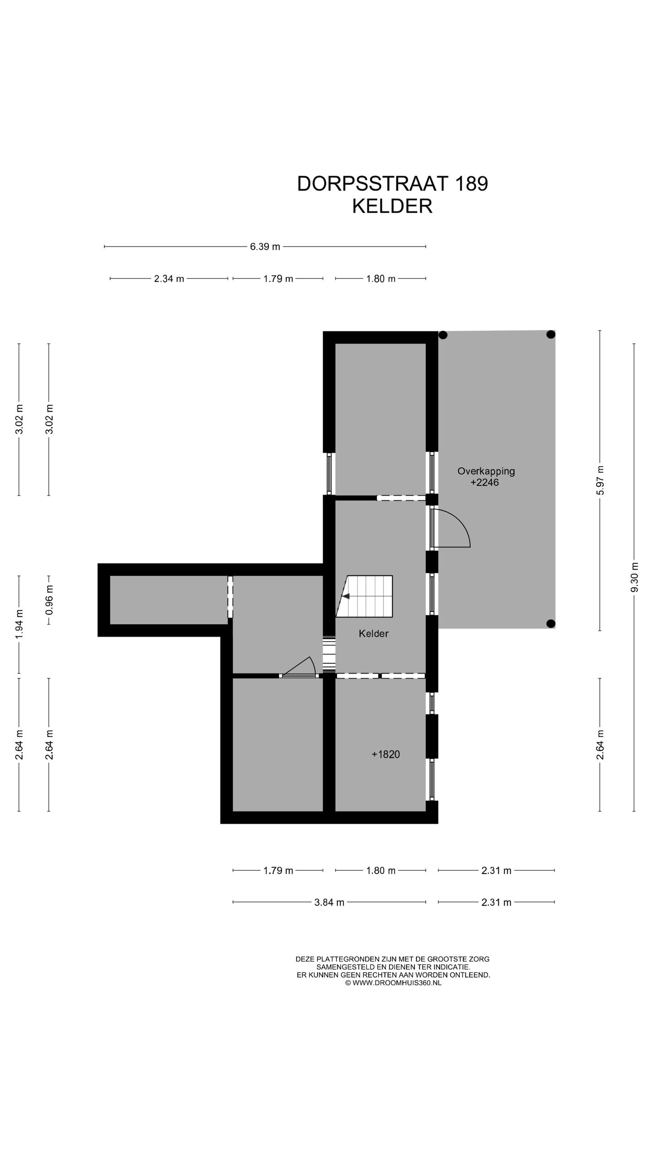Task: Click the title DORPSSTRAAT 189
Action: pyautogui.click(x=392, y=184)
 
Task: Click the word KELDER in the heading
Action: pyautogui.click(x=392, y=206)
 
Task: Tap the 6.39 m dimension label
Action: pyautogui.click(x=265, y=247)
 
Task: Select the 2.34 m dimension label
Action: pyautogui.click(x=169, y=279)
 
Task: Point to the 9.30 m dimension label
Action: pyautogui.click(x=634, y=577)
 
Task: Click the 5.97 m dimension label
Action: pyautogui.click(x=600, y=481)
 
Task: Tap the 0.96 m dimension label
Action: pyautogui.click(x=49, y=600)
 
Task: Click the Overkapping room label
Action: pyautogui.click(x=486, y=471)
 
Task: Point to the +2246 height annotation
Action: pyautogui.click(x=484, y=483)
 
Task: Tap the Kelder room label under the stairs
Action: pyautogui.click(x=373, y=634)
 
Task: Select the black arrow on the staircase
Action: pyautogui.click(x=346, y=596)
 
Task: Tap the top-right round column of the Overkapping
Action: pyautogui.click(x=551, y=335)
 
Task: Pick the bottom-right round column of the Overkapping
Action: pyautogui.click(x=551, y=623)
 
